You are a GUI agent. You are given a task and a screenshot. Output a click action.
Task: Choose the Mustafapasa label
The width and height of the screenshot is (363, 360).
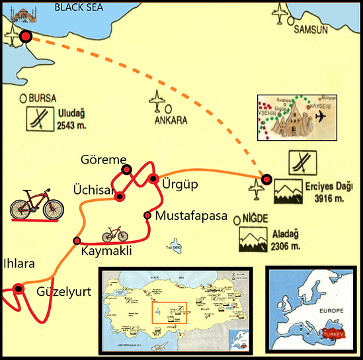[191, 216]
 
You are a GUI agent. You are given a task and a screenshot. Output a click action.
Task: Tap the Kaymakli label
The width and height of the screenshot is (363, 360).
[107, 251]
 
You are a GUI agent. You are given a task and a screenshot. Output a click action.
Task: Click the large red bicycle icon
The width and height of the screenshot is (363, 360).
[38, 204]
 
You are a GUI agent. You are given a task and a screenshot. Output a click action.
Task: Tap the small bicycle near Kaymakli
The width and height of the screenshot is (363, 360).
[114, 234]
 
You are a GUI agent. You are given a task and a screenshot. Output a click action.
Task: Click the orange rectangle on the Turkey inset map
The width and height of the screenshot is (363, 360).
[169, 312]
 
